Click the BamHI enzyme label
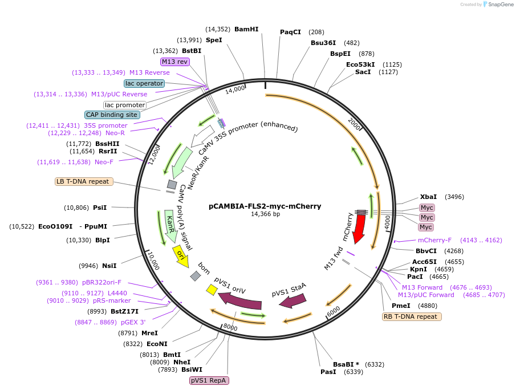pyautogui.click(x=246, y=29)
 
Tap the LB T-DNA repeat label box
pyautogui.click(x=84, y=181)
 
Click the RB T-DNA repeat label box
pyautogui.click(x=412, y=316)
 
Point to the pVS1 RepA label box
pyautogui.click(x=209, y=380)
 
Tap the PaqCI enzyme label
pyautogui.click(x=290, y=32)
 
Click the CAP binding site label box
pyautogui.click(x=112, y=115)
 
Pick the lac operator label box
pyautogui.click(x=145, y=83)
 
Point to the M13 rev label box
pyautogui.click(x=175, y=62)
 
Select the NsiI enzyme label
pyautogui.click(x=109, y=266)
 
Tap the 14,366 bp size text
pyautogui.click(x=265, y=214)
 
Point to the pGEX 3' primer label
pyautogui.click(x=133, y=322)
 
